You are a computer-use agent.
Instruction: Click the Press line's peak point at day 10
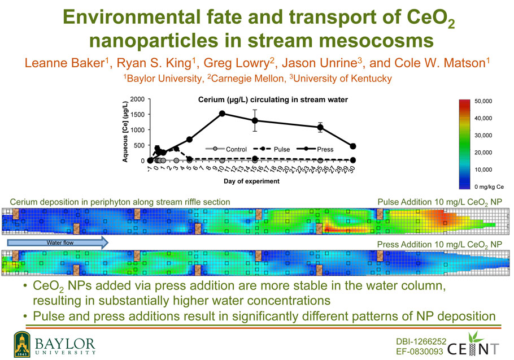tap(222, 114)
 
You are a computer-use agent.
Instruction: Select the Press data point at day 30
tap(352, 146)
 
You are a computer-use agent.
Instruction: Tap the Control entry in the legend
tap(226, 149)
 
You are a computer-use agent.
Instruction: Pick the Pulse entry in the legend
tap(272, 149)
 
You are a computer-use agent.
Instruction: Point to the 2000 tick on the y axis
tap(137, 99)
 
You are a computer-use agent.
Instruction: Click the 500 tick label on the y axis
tap(139, 145)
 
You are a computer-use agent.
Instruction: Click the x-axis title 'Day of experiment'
tap(251, 181)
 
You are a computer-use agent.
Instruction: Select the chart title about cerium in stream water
tap(273, 99)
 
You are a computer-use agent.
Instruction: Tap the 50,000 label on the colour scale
tap(483, 101)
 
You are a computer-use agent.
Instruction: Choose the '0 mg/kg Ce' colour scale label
tap(489, 187)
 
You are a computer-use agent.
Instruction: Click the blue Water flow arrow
tap(58, 242)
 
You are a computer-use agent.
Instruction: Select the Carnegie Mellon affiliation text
tap(246, 79)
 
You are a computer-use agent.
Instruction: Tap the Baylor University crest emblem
tap(22, 344)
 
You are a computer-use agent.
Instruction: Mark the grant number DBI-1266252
tap(421, 341)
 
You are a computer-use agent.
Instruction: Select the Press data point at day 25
tap(320, 127)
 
